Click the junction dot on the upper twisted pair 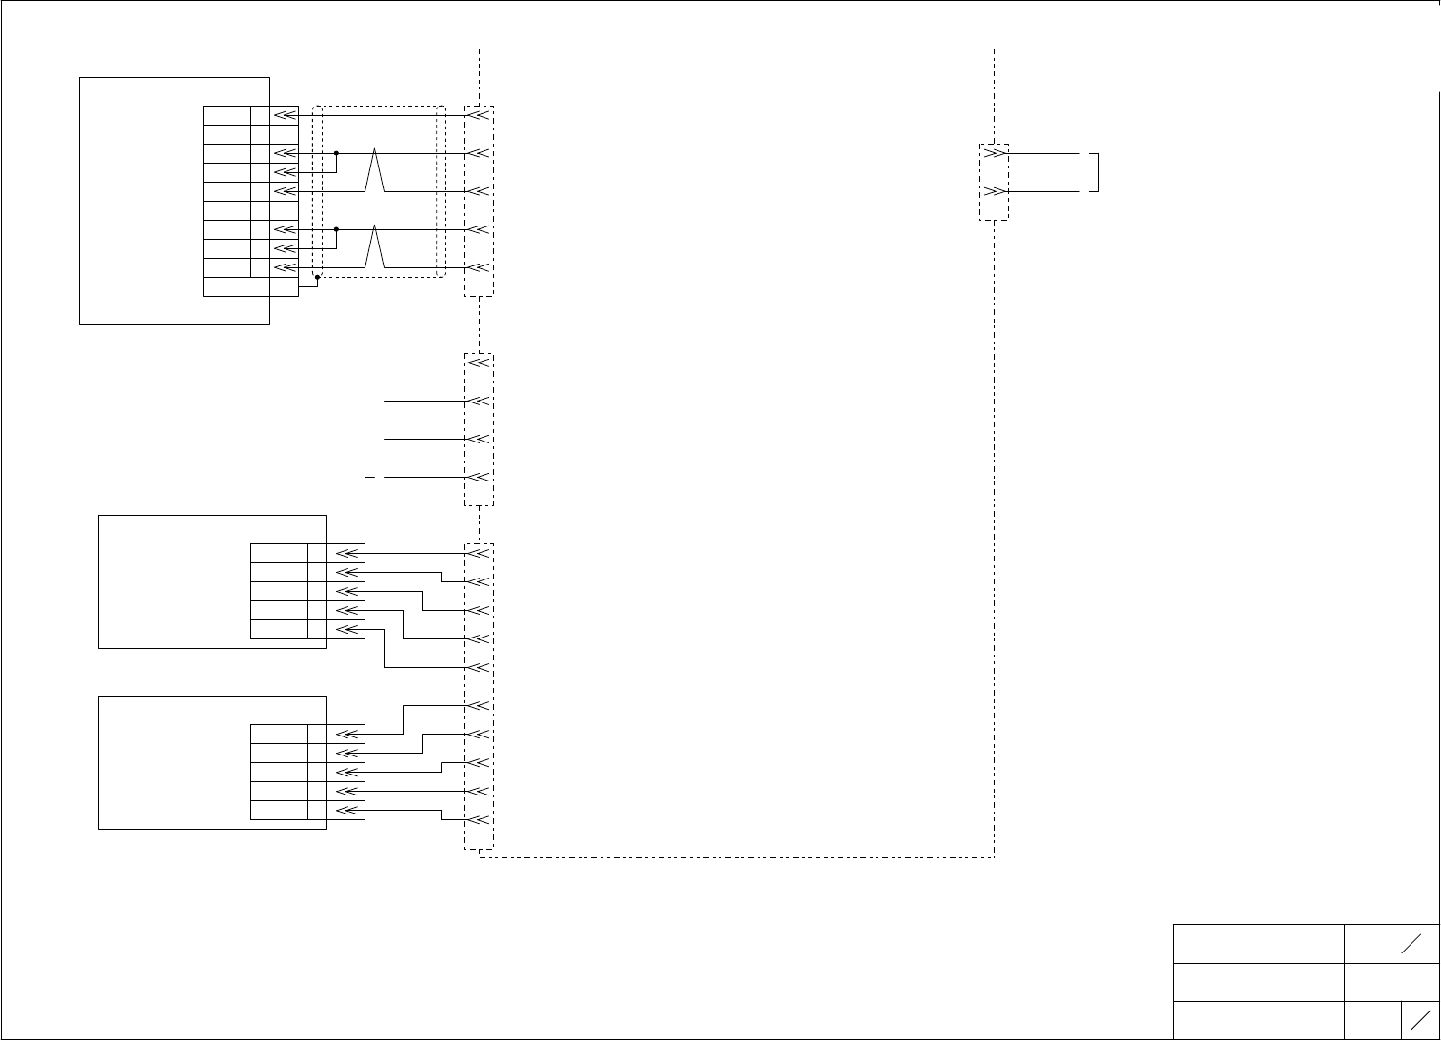(x=336, y=152)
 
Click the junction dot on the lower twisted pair (x=336, y=229)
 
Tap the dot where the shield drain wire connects (x=317, y=277)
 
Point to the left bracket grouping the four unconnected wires (x=366, y=420)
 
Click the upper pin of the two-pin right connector (x=995, y=153)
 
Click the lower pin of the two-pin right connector (x=995, y=191)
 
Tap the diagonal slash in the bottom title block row (x=1420, y=1019)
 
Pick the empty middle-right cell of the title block (x=1391, y=982)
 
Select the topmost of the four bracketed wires (x=424, y=363)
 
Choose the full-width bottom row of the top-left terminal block (x=250, y=286)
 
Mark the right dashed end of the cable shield (x=441, y=190)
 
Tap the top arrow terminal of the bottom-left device (x=349, y=734)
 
